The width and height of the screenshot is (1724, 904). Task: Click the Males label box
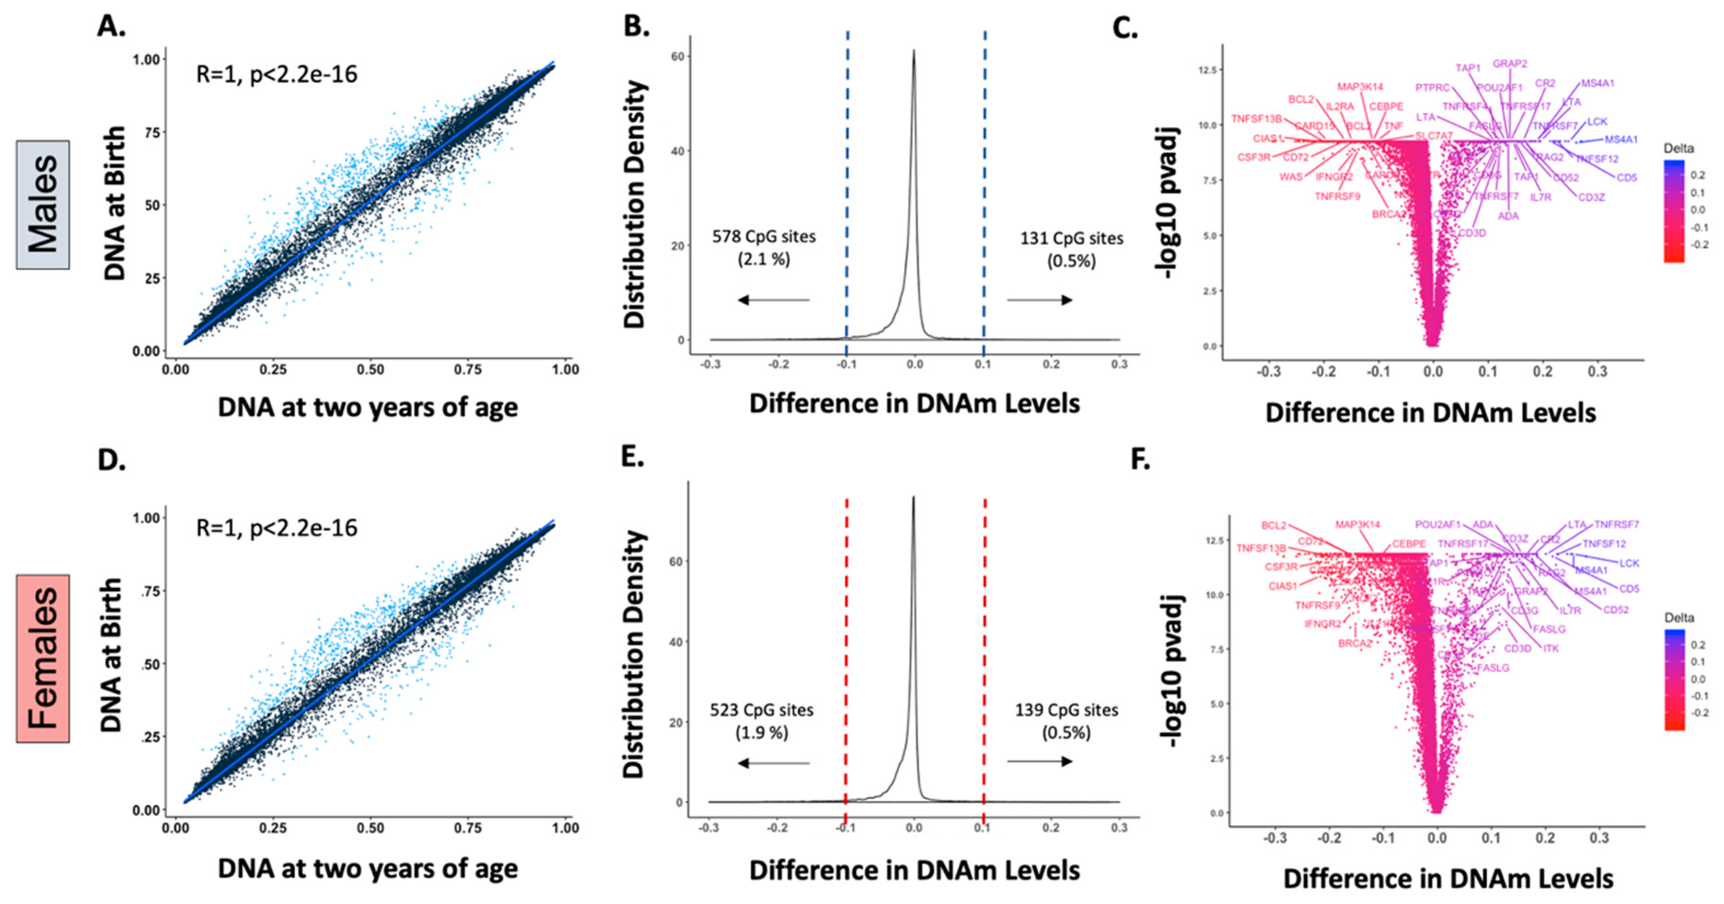point(43,205)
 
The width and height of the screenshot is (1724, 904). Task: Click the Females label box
point(43,659)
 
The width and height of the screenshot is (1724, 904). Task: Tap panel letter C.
point(1124,28)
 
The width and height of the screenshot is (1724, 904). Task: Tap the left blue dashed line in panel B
point(847,187)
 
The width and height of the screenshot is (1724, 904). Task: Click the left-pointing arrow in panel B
point(773,300)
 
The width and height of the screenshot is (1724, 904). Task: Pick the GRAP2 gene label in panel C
point(1510,63)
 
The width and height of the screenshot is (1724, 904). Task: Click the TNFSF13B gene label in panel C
point(1256,119)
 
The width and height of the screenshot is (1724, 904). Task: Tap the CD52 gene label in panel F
point(1616,610)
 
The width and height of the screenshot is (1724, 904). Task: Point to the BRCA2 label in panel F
point(1355,643)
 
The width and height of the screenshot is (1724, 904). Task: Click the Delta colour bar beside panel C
point(1674,211)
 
